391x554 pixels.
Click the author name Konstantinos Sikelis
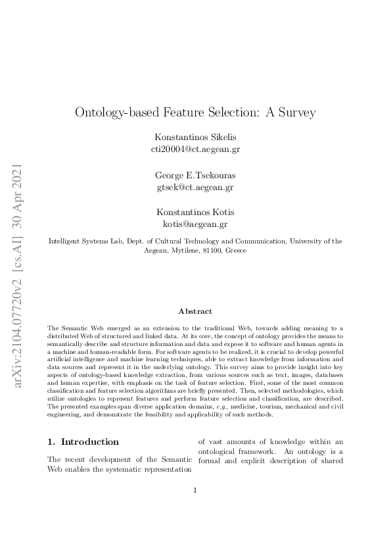point(195,137)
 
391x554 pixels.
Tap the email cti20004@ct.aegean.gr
point(195,149)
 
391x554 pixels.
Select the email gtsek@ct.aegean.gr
point(195,187)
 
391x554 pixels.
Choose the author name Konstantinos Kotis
point(195,212)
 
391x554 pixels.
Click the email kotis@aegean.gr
point(195,224)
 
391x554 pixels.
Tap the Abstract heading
point(195,311)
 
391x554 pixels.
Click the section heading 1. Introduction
point(83,441)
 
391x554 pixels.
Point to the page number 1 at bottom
point(195,509)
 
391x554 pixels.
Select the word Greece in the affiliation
point(235,251)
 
